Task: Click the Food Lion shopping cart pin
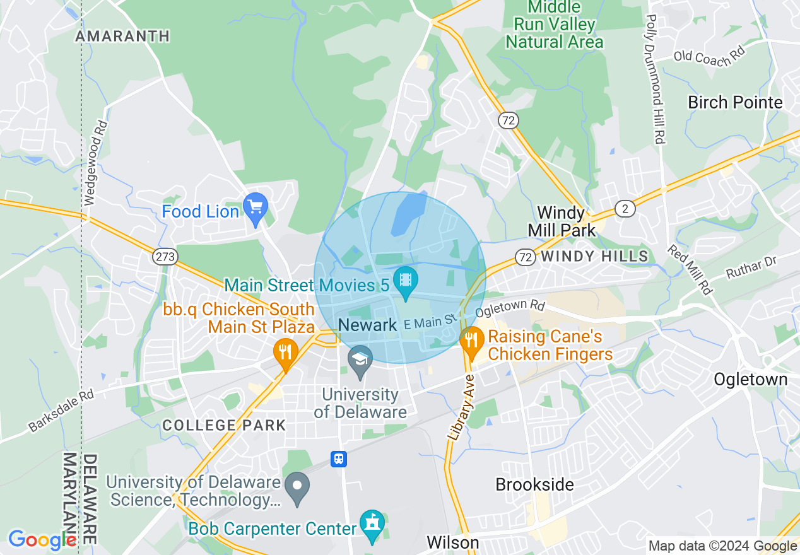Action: coord(256,207)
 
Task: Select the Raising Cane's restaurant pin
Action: coord(471,342)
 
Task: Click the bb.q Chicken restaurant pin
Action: coord(286,353)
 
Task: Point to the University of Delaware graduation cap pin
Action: coord(360,360)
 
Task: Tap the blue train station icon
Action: coord(339,459)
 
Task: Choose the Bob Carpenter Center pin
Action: coord(372,524)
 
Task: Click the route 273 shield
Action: coord(165,257)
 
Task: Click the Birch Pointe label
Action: coord(735,102)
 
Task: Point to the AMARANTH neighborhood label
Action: coord(122,37)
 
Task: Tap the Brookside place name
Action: coord(534,484)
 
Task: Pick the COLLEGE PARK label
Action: coord(224,425)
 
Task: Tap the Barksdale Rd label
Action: coord(61,411)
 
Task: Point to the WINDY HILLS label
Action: coord(594,256)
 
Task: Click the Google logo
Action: coord(42,539)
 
